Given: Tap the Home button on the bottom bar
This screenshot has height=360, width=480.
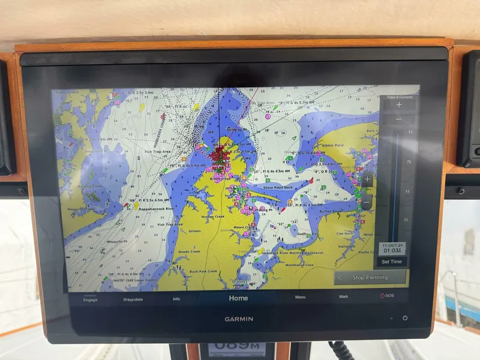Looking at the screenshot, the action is pos(238,298).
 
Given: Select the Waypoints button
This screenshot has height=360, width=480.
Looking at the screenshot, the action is pos(133,299).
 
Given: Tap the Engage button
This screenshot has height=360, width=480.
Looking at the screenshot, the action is pos(91,299).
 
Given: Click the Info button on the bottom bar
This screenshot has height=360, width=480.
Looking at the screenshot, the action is pos(176,299).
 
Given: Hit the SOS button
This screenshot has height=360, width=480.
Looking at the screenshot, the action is pos(386,296).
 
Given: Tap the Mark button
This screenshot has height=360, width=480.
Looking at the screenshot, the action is pos(344,296).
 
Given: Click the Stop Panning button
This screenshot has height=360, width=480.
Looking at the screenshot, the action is pos(370,277).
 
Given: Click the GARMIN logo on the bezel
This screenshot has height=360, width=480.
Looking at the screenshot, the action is pos(239,319).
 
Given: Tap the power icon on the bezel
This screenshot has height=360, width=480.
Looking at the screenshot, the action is pos(405,318).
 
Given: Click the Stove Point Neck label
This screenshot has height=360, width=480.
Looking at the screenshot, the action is pos(278,187).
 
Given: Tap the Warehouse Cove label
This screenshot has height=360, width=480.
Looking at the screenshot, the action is pos(300,265).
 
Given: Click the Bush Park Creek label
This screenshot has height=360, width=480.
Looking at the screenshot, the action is pos(203,271).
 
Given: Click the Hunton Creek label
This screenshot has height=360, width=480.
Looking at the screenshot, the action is pos(212,217).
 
